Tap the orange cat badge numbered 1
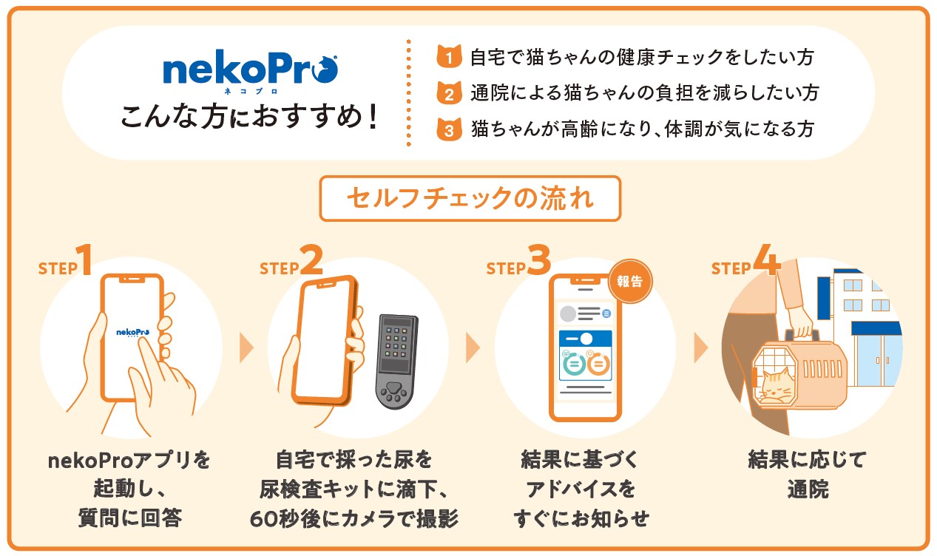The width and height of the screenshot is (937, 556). click(x=449, y=56)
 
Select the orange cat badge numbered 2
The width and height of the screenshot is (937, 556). click(x=449, y=93)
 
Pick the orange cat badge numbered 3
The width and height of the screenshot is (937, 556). click(x=449, y=129)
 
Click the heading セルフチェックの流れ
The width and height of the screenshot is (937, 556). click(x=470, y=197)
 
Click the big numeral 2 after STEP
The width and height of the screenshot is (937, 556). click(x=311, y=260)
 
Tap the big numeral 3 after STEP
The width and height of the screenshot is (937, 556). click(x=539, y=260)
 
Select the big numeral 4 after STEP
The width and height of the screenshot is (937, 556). click(x=767, y=260)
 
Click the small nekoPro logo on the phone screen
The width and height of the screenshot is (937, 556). click(x=132, y=333)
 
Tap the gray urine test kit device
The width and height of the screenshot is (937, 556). click(x=396, y=362)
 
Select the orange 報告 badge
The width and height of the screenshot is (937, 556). click(x=629, y=281)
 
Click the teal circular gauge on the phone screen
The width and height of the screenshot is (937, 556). click(x=574, y=364)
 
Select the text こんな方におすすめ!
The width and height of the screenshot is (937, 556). click(x=250, y=116)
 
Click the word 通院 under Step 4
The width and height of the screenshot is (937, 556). click(x=808, y=489)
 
